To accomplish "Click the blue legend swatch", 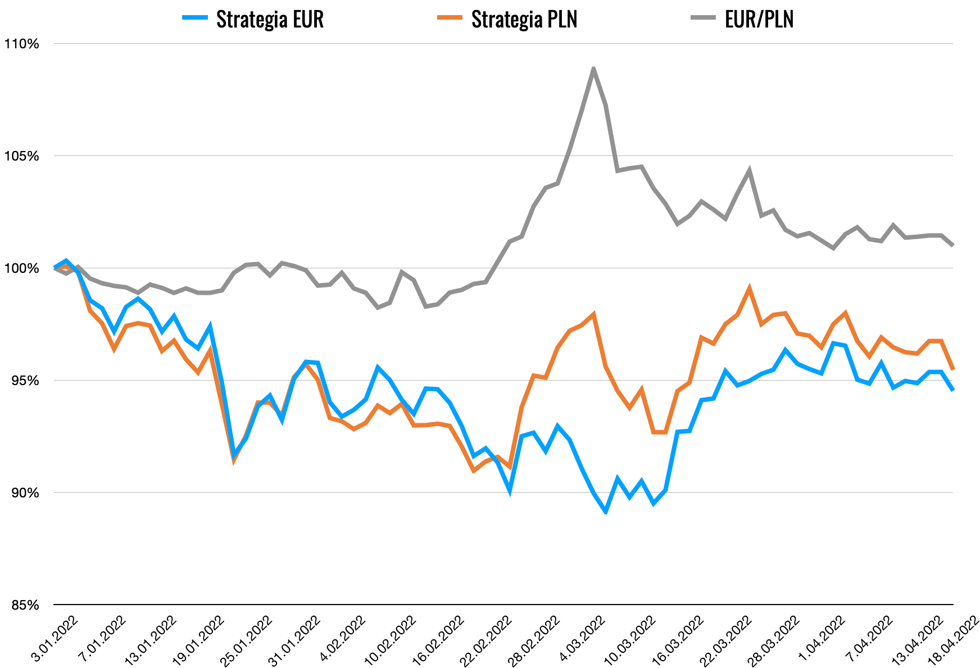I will point(195,17).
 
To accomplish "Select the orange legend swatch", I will point(450,17).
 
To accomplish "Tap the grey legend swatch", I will point(703,17).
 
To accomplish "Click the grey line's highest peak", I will point(593,68).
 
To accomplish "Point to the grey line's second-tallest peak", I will point(749,170).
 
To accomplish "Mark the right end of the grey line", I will point(953,245).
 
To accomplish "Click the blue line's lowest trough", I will point(605,512).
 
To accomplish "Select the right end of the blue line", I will point(953,390).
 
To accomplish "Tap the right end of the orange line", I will point(953,369).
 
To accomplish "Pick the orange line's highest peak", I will point(749,288).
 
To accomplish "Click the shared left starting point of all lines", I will point(55,268).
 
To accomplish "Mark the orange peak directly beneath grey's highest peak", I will point(593,314).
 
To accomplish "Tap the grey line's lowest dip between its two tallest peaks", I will point(678,225).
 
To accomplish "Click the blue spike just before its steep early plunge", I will point(210,326).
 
